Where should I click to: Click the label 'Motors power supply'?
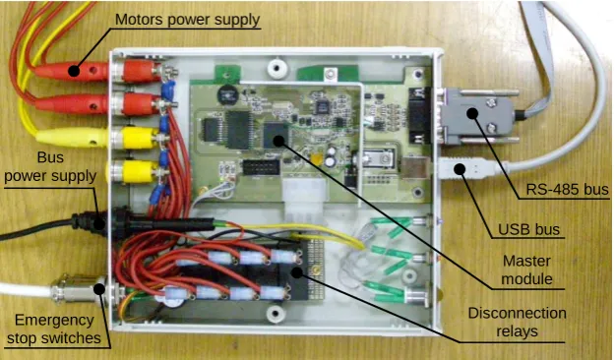click(187, 20)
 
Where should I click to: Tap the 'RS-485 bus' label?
click(567, 190)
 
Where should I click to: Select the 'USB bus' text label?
click(528, 229)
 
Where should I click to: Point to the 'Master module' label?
click(526, 270)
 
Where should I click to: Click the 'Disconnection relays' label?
click(517, 322)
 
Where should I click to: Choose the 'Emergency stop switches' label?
click(54, 330)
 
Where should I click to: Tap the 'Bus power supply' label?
click(50, 166)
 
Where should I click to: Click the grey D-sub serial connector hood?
click(475, 116)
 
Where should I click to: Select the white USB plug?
click(466, 169)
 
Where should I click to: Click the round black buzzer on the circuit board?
click(226, 94)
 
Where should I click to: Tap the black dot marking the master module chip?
click(278, 140)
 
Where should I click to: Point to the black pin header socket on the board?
click(261, 167)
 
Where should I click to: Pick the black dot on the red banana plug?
click(74, 71)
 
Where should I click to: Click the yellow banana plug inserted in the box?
click(71, 138)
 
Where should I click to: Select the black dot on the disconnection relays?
click(297, 271)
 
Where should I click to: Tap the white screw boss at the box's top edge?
click(277, 68)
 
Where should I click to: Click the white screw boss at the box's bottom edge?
click(275, 314)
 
